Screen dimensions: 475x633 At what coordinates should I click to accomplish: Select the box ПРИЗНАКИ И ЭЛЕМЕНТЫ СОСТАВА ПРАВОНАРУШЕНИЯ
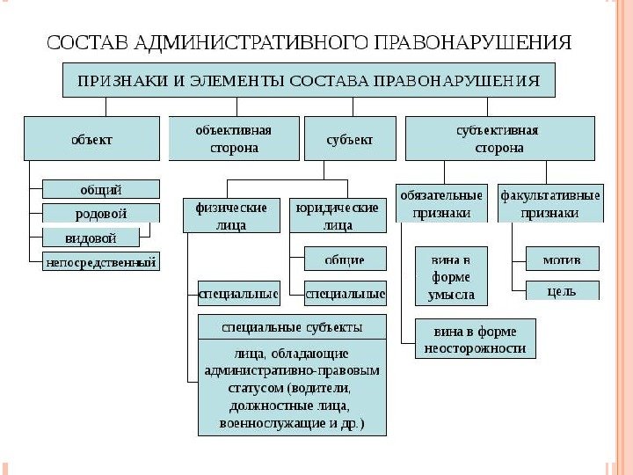308,81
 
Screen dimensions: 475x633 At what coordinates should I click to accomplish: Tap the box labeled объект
92,138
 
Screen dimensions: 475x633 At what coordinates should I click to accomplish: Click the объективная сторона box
233,138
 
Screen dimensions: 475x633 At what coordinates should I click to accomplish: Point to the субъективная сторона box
497,138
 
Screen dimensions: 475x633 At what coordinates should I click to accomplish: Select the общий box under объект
101,189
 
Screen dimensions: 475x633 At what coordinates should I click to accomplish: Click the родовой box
101,213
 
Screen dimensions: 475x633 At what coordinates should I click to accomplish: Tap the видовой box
91,237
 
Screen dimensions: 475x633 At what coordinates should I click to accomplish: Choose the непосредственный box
101,261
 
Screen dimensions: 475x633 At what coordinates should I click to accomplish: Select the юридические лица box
338,216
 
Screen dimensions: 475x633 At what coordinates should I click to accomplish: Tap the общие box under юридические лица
345,260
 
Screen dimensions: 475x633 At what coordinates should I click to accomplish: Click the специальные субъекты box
292,327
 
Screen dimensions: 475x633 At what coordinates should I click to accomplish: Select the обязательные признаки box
440,203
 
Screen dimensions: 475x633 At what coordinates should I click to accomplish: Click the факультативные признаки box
549,203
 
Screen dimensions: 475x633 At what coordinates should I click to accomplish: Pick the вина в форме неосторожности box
476,339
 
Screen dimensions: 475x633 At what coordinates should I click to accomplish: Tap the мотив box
562,259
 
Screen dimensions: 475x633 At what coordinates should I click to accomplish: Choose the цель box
562,290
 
